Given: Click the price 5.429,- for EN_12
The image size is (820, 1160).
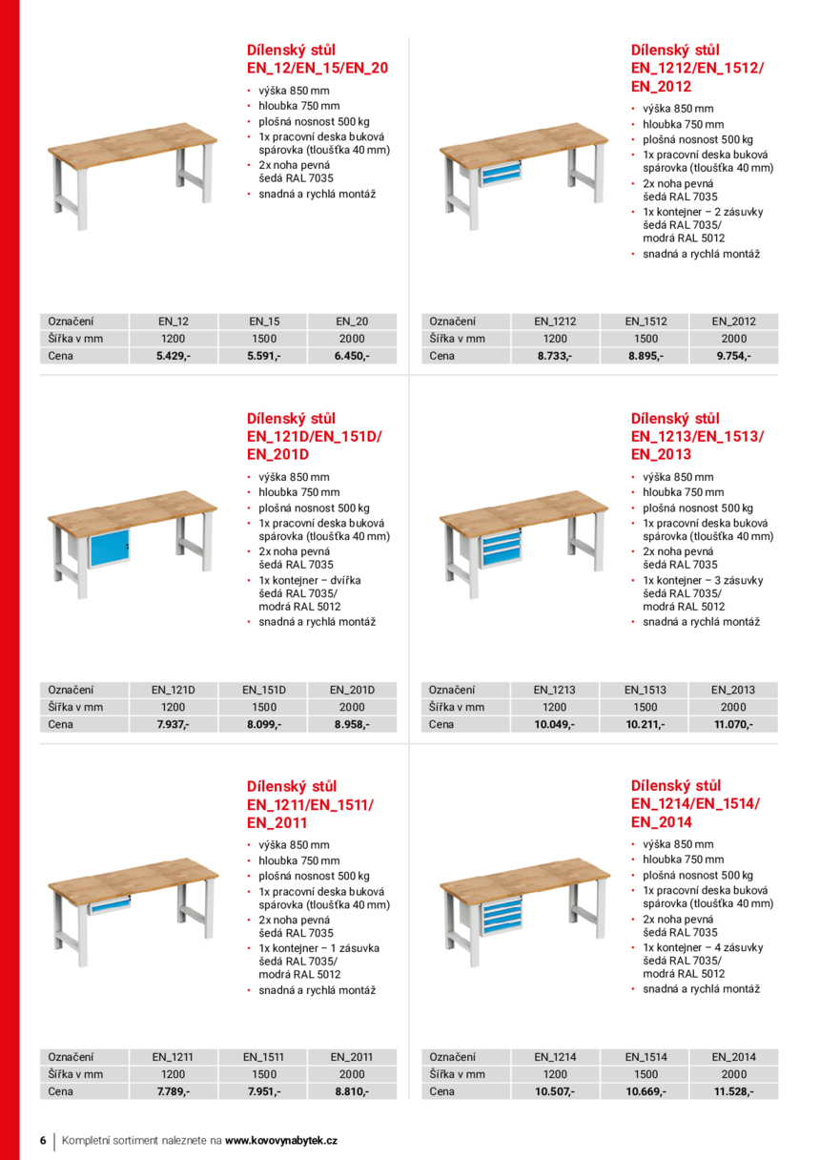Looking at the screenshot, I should (x=174, y=356).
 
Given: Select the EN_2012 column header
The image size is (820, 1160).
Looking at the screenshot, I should (x=733, y=321).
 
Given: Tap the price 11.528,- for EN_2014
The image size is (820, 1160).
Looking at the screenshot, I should (x=733, y=1091).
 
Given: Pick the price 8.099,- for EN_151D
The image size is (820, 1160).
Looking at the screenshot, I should (x=264, y=724).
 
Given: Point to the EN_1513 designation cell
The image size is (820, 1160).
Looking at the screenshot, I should (x=646, y=690).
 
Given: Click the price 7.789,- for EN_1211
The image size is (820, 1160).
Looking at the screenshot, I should (x=174, y=1091).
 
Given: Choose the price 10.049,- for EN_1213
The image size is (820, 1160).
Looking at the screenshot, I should (x=554, y=724).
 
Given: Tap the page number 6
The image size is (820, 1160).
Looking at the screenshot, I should (x=43, y=1140).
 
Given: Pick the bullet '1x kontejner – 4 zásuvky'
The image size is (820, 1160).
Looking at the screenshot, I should (x=702, y=947).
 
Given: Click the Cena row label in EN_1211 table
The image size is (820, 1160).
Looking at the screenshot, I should (x=61, y=1091).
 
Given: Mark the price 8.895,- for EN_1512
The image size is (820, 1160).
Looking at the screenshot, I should (x=646, y=356).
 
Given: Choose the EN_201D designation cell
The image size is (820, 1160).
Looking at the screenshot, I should (x=352, y=690).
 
